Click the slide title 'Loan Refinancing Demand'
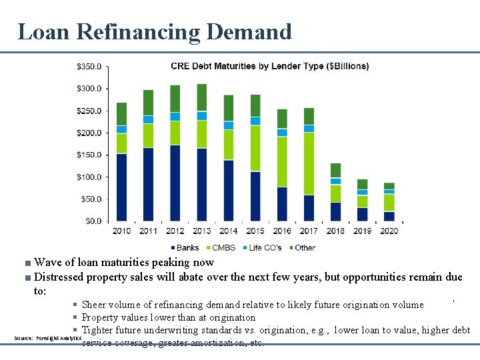pyautogui.click(x=154, y=31)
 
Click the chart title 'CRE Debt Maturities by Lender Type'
pyautogui.click(x=269, y=66)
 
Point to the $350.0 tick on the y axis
pyautogui.click(x=89, y=67)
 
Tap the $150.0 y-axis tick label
pyautogui.click(x=89, y=155)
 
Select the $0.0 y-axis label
pyautogui.click(x=93, y=221)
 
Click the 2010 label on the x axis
pyautogui.click(x=121, y=231)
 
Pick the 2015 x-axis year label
pyautogui.click(x=255, y=231)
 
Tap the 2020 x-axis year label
pyautogui.click(x=389, y=231)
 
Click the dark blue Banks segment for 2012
pyautogui.click(x=175, y=183)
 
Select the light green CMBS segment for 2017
pyautogui.click(x=309, y=163)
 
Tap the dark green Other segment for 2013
pyautogui.click(x=202, y=97)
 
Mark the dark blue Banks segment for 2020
pyautogui.click(x=389, y=216)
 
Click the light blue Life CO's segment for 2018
pyautogui.click(x=335, y=181)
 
